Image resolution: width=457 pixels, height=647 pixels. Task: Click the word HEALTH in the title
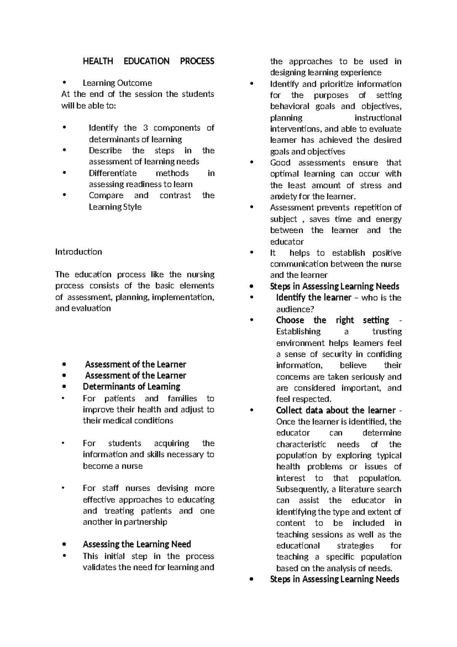[98, 61]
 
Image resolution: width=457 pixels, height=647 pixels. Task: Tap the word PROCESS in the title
[197, 61]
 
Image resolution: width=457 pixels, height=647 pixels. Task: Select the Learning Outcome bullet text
[117, 83]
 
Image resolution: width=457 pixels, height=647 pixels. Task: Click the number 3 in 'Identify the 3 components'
[145, 128]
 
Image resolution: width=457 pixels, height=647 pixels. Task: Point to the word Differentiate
[112, 173]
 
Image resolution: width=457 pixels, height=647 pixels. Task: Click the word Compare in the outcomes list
[106, 195]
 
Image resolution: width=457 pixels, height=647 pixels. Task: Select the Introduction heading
[78, 252]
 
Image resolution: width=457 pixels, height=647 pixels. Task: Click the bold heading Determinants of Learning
[131, 386]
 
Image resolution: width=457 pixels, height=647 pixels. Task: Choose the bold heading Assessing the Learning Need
[137, 544]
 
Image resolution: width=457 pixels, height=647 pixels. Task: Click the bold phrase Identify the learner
[313, 297]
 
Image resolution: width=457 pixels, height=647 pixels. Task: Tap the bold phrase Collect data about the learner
[336, 410]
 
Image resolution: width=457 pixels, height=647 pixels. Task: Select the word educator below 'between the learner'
[287, 241]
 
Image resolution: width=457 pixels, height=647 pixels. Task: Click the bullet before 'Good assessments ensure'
[251, 163]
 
